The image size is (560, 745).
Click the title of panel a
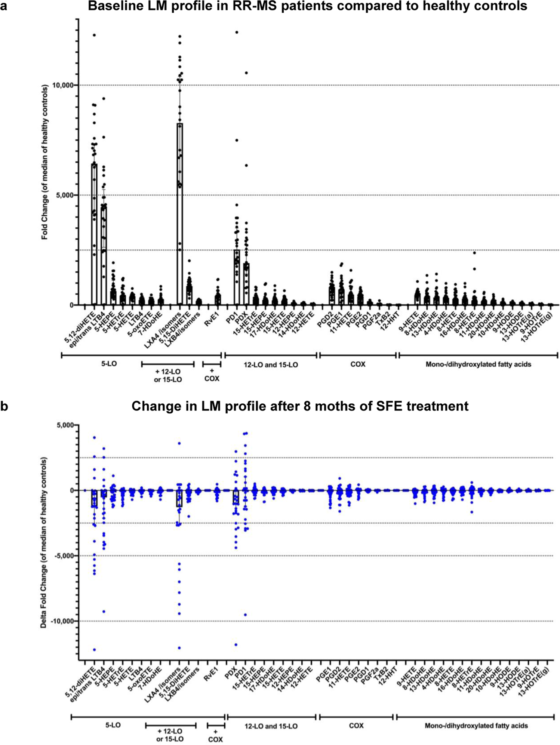pyautogui.click(x=307, y=6)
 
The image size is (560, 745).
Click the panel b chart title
pyautogui.click(x=299, y=406)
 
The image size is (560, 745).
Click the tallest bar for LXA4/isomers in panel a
pyautogui.click(x=180, y=213)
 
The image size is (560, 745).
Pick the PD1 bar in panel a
pyautogui.click(x=237, y=277)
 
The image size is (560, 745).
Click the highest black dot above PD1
pyautogui.click(x=237, y=32)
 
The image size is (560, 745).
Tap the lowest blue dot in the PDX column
pyautogui.click(x=236, y=644)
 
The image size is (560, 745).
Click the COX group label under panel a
pyautogui.click(x=358, y=364)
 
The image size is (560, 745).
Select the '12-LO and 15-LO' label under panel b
pyautogui.click(x=271, y=726)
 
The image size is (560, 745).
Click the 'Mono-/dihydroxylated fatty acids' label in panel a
pyautogui.click(x=478, y=364)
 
